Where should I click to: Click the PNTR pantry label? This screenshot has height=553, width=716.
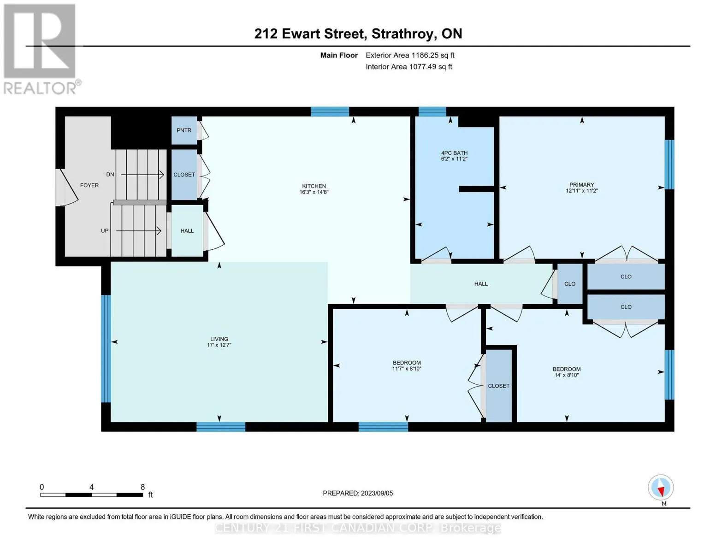click(x=184, y=130)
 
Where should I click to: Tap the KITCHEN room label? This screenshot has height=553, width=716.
click(x=314, y=186)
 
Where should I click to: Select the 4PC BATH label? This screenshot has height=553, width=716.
click(x=455, y=153)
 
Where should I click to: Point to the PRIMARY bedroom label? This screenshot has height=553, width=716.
click(x=581, y=185)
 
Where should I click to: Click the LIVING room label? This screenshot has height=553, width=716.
click(x=219, y=339)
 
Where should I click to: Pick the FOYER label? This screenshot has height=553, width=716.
click(x=89, y=185)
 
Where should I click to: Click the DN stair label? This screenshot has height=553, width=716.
click(x=110, y=175)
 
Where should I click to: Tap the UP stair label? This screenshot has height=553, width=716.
click(x=105, y=231)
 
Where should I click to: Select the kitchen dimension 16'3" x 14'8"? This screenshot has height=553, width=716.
click(x=314, y=192)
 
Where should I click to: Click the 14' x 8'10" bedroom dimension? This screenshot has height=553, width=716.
click(x=567, y=375)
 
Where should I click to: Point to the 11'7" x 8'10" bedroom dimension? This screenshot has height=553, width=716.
click(x=407, y=369)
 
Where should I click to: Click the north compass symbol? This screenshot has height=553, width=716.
click(x=661, y=488)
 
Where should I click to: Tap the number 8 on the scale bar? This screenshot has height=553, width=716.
click(x=142, y=487)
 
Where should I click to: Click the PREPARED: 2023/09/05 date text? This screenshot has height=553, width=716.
click(x=358, y=494)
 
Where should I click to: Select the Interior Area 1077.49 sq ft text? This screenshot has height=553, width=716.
click(x=409, y=67)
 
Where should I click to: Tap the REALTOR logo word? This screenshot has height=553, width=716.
click(x=40, y=88)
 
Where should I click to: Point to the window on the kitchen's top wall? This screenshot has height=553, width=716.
click(x=330, y=112)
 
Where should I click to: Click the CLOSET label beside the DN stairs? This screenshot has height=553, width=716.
click(x=184, y=175)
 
